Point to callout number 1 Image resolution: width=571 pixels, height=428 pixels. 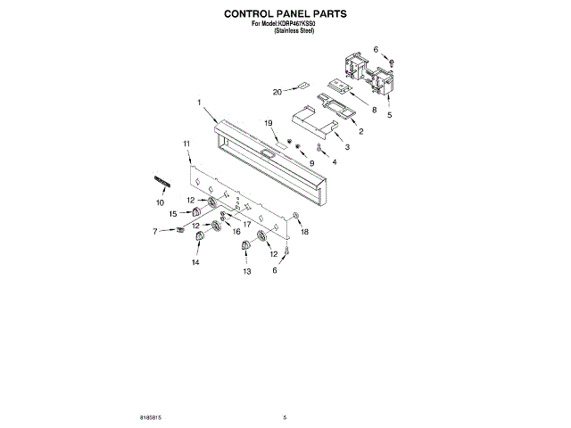tap(200, 102)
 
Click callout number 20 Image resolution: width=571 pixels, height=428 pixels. tap(277, 91)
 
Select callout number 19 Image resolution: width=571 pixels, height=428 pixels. tap(267, 122)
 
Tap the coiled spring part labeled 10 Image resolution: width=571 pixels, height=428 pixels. tap(162, 181)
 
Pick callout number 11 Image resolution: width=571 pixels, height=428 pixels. tap(186, 143)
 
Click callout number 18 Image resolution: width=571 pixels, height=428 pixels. tap(304, 231)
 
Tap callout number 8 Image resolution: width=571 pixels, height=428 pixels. tap(375, 111)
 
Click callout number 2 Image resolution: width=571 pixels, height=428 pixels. tap(360, 130)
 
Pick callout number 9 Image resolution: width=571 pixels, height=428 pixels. tap(311, 163)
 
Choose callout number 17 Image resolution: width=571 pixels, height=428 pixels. tap(246, 223)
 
